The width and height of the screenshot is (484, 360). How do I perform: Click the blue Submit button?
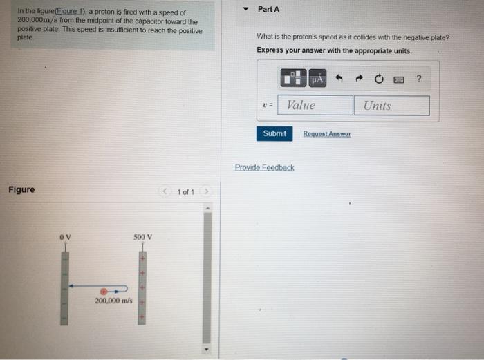(x=274, y=133)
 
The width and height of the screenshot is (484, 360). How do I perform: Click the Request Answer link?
(x=326, y=133)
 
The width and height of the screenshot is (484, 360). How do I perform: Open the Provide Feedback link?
(x=264, y=167)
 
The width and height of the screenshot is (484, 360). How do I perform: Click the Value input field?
(x=315, y=105)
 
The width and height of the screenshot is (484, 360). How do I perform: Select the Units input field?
(x=391, y=106)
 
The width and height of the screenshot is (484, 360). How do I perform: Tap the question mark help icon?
(x=419, y=79)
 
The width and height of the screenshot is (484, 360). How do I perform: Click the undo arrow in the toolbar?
(x=339, y=79)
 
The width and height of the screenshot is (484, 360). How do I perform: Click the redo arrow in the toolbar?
(x=359, y=79)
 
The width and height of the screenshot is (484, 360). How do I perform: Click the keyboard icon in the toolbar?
(x=399, y=79)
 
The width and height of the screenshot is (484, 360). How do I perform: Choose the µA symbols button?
(x=317, y=79)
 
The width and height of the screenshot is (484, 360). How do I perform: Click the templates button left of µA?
(x=293, y=79)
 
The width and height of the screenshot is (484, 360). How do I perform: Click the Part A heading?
(x=268, y=9)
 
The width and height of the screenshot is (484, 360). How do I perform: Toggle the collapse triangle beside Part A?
(x=247, y=10)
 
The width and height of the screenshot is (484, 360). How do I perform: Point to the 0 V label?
(x=65, y=238)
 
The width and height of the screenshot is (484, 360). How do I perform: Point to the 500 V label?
(x=142, y=238)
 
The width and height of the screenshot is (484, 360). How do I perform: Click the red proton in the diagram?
(x=104, y=292)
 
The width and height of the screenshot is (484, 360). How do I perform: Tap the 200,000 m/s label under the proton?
(x=113, y=301)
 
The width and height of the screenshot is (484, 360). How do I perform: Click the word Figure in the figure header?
(x=21, y=189)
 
